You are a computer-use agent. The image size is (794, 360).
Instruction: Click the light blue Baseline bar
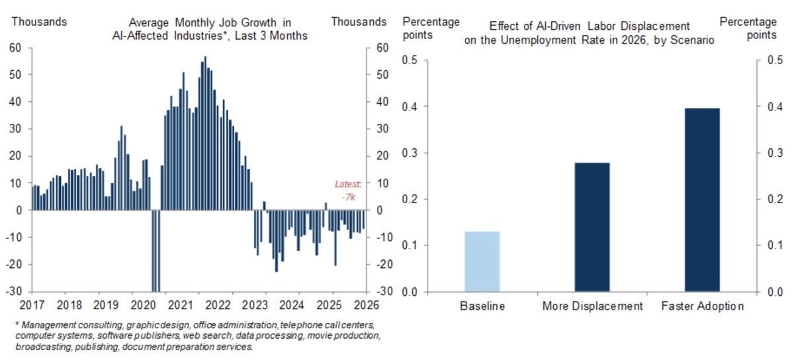pyautogui.click(x=482, y=262)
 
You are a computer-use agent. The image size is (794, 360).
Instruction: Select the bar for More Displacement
pyautogui.click(x=592, y=227)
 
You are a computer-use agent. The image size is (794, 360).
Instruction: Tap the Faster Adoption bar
pyautogui.click(x=701, y=200)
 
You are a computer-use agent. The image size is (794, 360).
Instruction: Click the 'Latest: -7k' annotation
pyautogui.click(x=348, y=190)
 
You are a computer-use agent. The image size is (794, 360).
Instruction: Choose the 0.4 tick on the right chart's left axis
pyautogui.click(x=412, y=107)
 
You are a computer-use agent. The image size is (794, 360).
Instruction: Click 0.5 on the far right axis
pyautogui.click(x=774, y=61)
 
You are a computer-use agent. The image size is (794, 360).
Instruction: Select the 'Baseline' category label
pyautogui.click(x=482, y=306)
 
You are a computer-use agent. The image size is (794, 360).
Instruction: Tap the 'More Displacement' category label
pyautogui.click(x=592, y=306)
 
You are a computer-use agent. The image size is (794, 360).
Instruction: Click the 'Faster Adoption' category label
pyautogui.click(x=701, y=306)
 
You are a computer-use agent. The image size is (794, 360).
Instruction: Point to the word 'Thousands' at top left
pyautogui.click(x=39, y=21)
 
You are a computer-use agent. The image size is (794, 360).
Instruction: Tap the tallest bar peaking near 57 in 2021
pyautogui.click(x=205, y=133)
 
